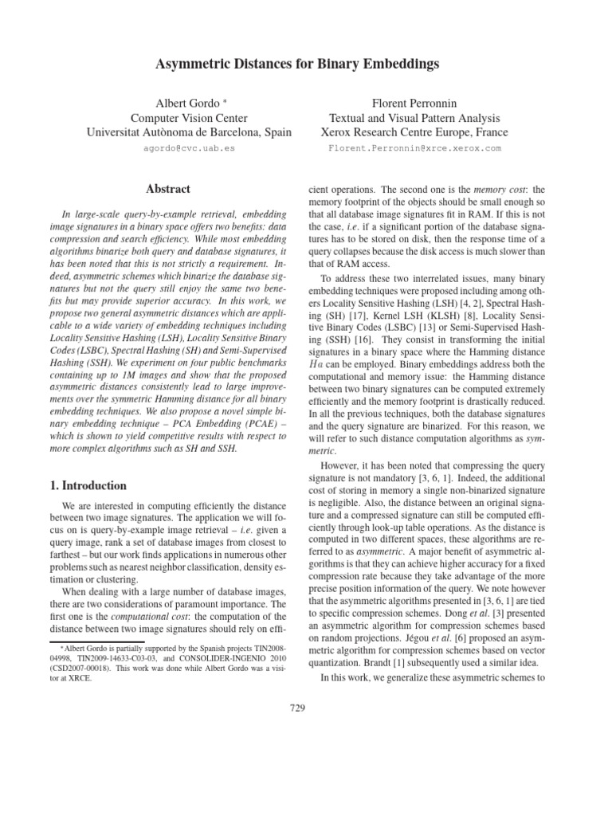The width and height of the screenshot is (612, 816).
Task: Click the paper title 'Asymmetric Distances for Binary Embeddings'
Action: (306, 63)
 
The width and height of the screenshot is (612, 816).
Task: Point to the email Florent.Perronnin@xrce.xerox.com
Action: (414, 148)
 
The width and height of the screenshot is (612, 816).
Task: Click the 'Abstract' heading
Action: (167, 189)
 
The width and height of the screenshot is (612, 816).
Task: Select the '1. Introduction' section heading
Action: (83, 485)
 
